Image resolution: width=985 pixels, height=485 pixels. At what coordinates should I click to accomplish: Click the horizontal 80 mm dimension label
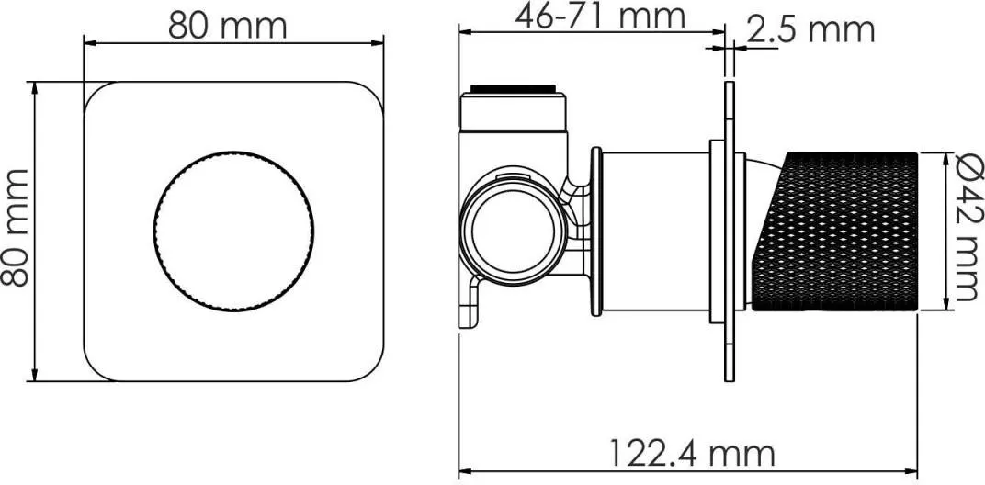coord(227,27)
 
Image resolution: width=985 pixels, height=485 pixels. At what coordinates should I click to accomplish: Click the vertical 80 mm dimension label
coord(15,228)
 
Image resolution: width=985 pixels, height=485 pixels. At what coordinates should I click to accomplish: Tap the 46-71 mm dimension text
coord(600,17)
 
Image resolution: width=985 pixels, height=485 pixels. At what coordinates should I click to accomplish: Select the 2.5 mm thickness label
coord(810,29)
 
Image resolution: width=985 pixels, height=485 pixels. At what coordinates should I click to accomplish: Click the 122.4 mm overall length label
coord(693,453)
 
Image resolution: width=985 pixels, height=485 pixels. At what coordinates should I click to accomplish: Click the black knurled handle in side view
coord(835,231)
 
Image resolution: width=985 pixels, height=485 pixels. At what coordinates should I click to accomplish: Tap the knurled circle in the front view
coord(233,231)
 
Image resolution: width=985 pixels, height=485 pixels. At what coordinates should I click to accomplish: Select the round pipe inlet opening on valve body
coord(512,231)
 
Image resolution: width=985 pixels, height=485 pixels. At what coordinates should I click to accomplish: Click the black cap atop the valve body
coord(514,88)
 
